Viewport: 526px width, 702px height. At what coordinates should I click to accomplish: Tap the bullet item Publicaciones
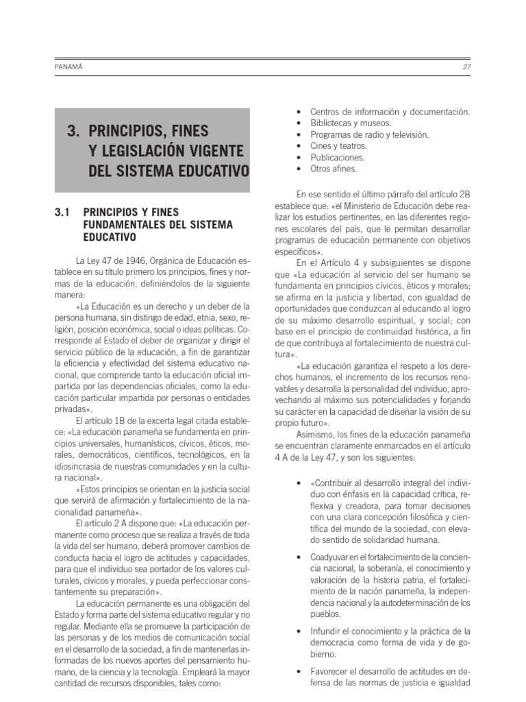point(337,157)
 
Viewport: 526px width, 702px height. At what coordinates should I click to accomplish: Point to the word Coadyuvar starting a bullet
point(331,556)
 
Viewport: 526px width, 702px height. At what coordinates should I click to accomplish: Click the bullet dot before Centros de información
point(298,112)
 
